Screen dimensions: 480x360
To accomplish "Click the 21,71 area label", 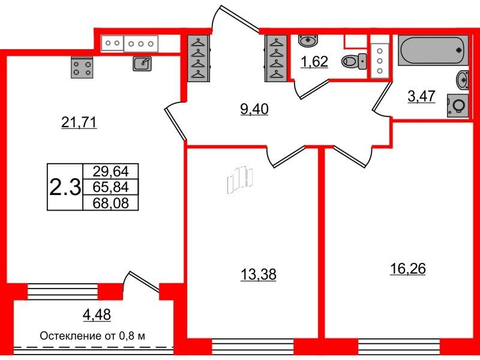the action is click(79, 123).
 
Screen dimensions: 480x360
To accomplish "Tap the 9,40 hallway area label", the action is click(254, 109).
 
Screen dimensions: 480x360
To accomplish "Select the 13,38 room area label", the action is click(259, 275).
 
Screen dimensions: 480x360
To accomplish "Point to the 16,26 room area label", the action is click(408, 269).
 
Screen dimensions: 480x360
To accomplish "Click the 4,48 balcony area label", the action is click(97, 314).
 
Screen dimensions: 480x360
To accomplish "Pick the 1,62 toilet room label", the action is click(314, 62).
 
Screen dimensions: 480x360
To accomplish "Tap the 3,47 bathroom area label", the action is click(421, 96).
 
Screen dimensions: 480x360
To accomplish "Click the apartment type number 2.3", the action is click(65, 187).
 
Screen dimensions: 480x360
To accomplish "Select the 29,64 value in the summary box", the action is click(110, 171).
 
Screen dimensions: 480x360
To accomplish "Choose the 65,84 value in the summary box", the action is click(110, 187).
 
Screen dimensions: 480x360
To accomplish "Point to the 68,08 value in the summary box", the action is click(110, 203).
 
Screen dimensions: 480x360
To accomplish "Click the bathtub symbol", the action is click(433, 50).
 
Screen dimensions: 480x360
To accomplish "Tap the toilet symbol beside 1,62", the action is click(354, 62).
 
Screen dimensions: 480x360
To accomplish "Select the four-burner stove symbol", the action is click(82, 68).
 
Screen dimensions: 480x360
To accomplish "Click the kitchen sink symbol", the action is click(142, 64).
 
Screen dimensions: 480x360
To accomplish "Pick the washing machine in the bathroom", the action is click(458, 106).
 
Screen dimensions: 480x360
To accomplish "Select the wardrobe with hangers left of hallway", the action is click(199, 59).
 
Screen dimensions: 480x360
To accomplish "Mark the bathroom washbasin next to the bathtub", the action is click(463, 80).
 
